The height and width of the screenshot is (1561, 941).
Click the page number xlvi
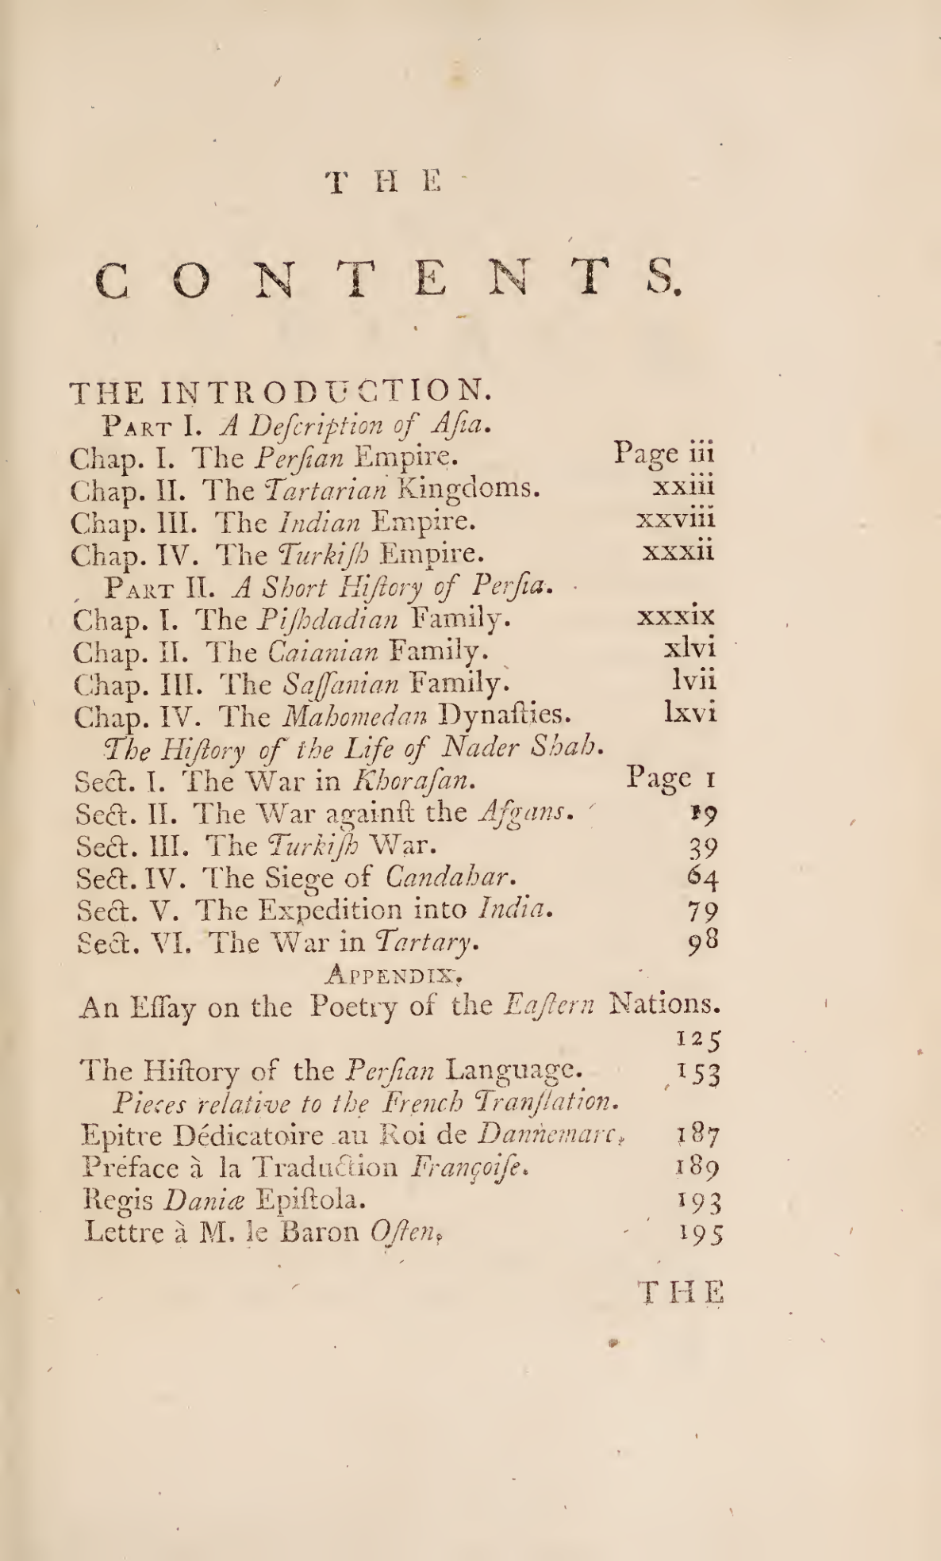click(690, 648)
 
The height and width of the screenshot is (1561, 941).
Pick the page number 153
click(699, 1074)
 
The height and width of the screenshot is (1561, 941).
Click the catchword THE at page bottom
click(682, 1292)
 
